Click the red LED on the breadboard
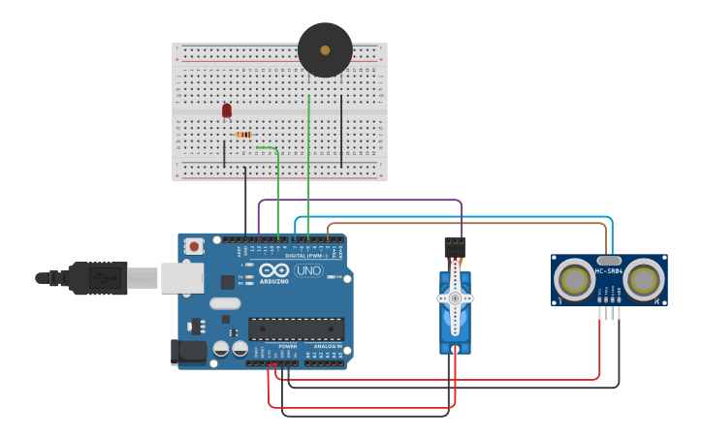click(x=227, y=110)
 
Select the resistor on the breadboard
click(x=244, y=135)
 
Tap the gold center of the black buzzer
click(x=325, y=50)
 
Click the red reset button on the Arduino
click(x=194, y=246)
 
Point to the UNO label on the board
click(x=309, y=270)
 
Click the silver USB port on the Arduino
click(x=181, y=278)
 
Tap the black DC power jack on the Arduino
click(x=188, y=352)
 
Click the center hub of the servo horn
click(x=454, y=298)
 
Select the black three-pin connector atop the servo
click(x=454, y=246)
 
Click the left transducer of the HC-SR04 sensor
click(x=575, y=281)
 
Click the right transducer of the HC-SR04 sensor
click(x=643, y=281)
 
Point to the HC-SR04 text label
click(x=609, y=271)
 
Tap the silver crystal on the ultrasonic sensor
click(x=609, y=260)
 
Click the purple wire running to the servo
click(x=359, y=201)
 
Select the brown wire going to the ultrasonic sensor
click(x=465, y=224)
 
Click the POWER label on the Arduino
click(x=288, y=346)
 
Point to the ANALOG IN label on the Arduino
click(x=326, y=346)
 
